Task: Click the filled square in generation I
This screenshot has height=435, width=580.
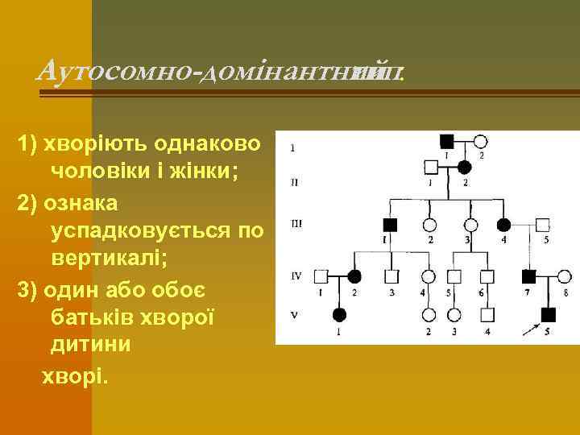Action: [446, 141]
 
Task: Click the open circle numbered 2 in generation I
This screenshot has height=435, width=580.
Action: [481, 141]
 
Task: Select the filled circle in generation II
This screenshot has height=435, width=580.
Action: [465, 168]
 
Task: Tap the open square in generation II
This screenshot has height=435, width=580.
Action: [431, 168]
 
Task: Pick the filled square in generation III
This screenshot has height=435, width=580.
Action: [391, 225]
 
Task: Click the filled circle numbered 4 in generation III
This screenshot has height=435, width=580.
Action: [504, 225]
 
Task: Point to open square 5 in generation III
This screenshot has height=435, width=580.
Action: [544, 225]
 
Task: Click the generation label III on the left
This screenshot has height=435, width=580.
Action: [296, 223]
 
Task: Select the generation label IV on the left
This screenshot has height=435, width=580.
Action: [296, 275]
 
